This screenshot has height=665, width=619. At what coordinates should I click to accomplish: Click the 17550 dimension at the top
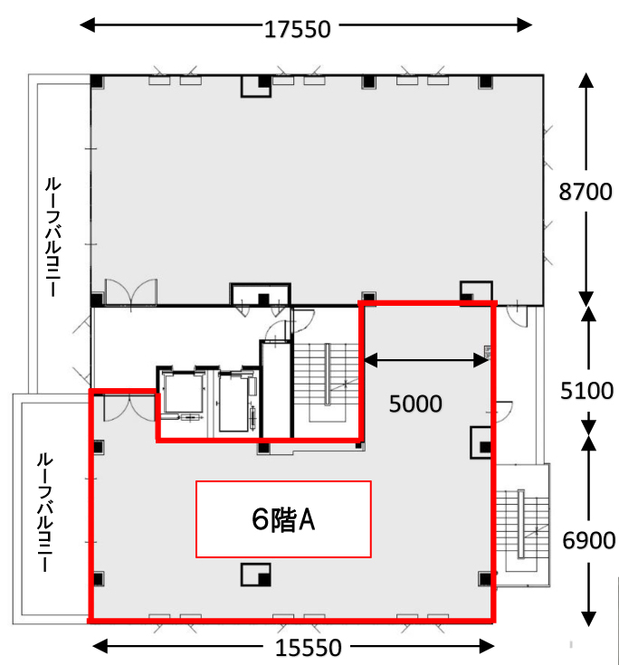(x=298, y=29)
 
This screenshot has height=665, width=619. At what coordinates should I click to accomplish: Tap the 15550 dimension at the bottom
(x=309, y=648)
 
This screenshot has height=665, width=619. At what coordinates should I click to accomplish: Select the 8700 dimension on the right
(x=586, y=191)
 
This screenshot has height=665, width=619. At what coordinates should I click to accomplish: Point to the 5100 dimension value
(x=587, y=391)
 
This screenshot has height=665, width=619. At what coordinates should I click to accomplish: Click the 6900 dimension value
(x=589, y=541)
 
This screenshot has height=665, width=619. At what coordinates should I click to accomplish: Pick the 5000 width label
(x=415, y=404)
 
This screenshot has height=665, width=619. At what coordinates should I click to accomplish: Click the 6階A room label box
(x=283, y=519)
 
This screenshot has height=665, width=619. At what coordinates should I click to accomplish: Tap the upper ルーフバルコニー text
(x=53, y=237)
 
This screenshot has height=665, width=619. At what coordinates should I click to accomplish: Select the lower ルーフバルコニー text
(x=45, y=512)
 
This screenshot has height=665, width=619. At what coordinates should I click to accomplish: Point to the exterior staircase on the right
(x=522, y=525)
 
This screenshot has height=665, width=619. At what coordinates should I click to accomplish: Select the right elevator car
(x=233, y=401)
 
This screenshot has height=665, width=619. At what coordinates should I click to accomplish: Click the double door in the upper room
(x=130, y=291)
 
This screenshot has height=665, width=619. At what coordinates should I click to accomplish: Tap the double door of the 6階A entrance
(x=129, y=407)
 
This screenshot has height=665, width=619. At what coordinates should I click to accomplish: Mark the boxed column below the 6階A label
(x=256, y=575)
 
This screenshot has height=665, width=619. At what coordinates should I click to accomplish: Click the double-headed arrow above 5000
(x=426, y=360)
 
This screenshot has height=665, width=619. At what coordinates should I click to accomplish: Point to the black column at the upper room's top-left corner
(x=97, y=81)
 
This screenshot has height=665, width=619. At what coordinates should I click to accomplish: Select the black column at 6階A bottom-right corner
(x=485, y=579)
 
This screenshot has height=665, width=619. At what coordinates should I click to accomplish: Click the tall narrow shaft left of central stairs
(x=276, y=389)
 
